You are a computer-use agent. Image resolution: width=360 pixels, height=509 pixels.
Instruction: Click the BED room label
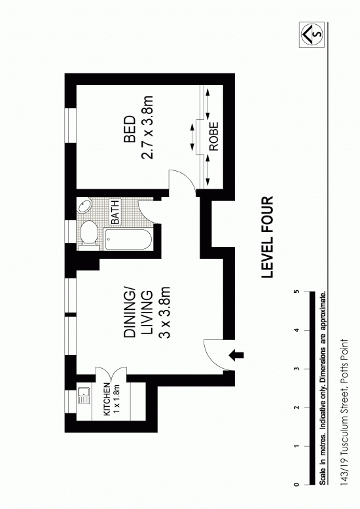pos(130,129)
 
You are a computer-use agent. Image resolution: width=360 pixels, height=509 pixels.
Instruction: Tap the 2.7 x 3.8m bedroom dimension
pos(147,127)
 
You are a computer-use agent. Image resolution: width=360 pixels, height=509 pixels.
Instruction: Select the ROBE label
pos(214,136)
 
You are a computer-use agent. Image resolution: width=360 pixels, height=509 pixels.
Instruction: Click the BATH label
pos(115,212)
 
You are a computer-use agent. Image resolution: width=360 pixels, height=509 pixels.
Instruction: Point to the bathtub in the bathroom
pos(128,239)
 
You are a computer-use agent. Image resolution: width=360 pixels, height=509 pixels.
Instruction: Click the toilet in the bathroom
pos(88,233)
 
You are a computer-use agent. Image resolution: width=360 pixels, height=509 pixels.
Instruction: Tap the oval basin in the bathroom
pos(85,206)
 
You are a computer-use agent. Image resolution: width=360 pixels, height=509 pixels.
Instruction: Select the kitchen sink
pos(84,396)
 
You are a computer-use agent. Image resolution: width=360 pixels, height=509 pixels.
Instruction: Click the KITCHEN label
pos(107,399)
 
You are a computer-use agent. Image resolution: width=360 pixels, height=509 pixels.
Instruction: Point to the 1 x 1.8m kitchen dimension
pos(117,399)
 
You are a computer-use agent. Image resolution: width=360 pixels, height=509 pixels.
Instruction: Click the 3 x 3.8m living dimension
pos(166,312)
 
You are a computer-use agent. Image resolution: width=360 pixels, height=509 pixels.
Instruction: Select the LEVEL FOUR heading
pos(268,237)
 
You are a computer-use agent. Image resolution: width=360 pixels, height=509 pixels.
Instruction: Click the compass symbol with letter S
pos(312,33)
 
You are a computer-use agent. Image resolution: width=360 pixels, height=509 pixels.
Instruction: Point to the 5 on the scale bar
pos(296,292)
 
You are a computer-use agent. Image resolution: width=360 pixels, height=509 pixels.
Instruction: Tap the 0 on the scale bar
pos(296,485)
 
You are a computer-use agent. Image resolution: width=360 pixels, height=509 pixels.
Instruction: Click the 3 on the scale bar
pos(296,369)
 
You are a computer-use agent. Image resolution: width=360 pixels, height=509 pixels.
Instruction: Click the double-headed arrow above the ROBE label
pos(207,104)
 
